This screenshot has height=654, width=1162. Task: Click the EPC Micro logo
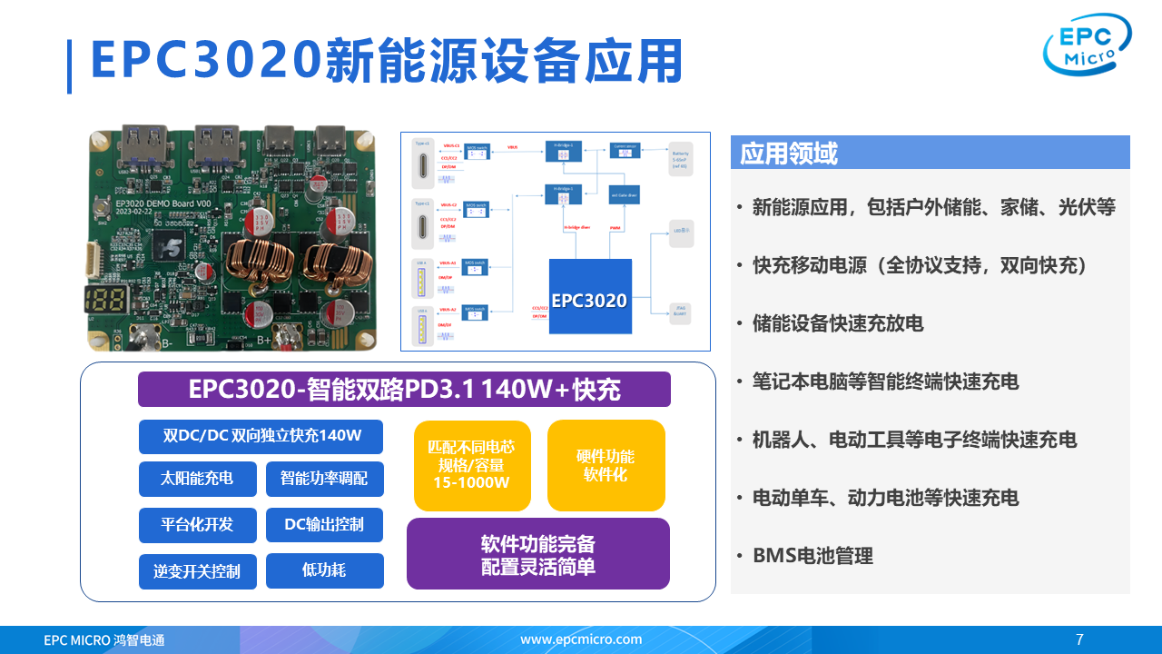tap(1087, 45)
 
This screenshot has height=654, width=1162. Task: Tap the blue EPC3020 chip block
tap(590, 297)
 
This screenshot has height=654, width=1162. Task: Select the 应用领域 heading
tap(789, 154)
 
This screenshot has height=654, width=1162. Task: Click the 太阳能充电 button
tap(197, 479)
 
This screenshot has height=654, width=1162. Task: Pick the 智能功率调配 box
tap(324, 479)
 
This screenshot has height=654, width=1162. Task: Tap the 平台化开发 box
tap(197, 525)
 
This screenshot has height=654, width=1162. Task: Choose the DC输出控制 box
tap(324, 525)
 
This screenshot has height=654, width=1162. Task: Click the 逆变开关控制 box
tap(197, 571)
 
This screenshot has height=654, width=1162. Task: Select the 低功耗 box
tap(324, 570)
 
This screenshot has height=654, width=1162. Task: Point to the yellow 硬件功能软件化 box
tap(606, 465)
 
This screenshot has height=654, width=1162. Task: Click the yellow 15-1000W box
tap(471, 465)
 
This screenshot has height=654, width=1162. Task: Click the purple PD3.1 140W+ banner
tap(404, 390)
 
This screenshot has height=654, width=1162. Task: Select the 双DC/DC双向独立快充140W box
tap(261, 436)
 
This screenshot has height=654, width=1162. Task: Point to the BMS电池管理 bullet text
tap(812, 556)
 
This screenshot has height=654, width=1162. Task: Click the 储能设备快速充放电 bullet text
tap(837, 323)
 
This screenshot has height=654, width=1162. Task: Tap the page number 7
tap(1079, 639)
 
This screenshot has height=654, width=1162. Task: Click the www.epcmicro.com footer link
tap(581, 639)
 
